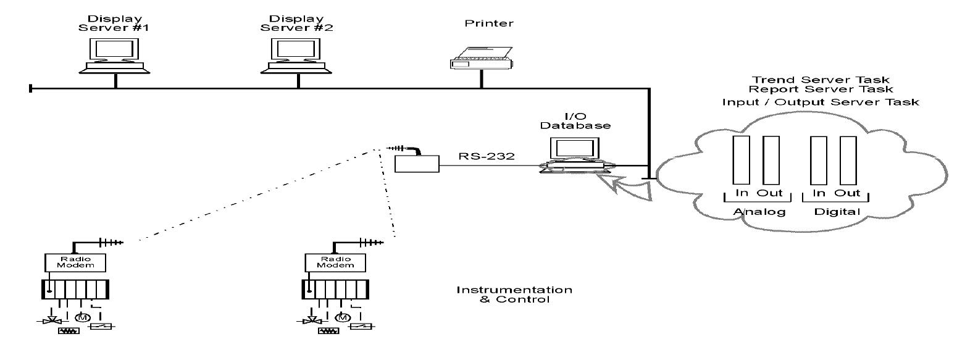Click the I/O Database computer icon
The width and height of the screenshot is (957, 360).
click(573, 155)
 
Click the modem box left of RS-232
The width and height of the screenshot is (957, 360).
click(417, 163)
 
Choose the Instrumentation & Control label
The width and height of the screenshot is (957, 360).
click(514, 295)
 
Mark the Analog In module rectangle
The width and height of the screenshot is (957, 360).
click(740, 159)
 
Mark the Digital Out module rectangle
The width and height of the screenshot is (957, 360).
click(848, 159)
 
